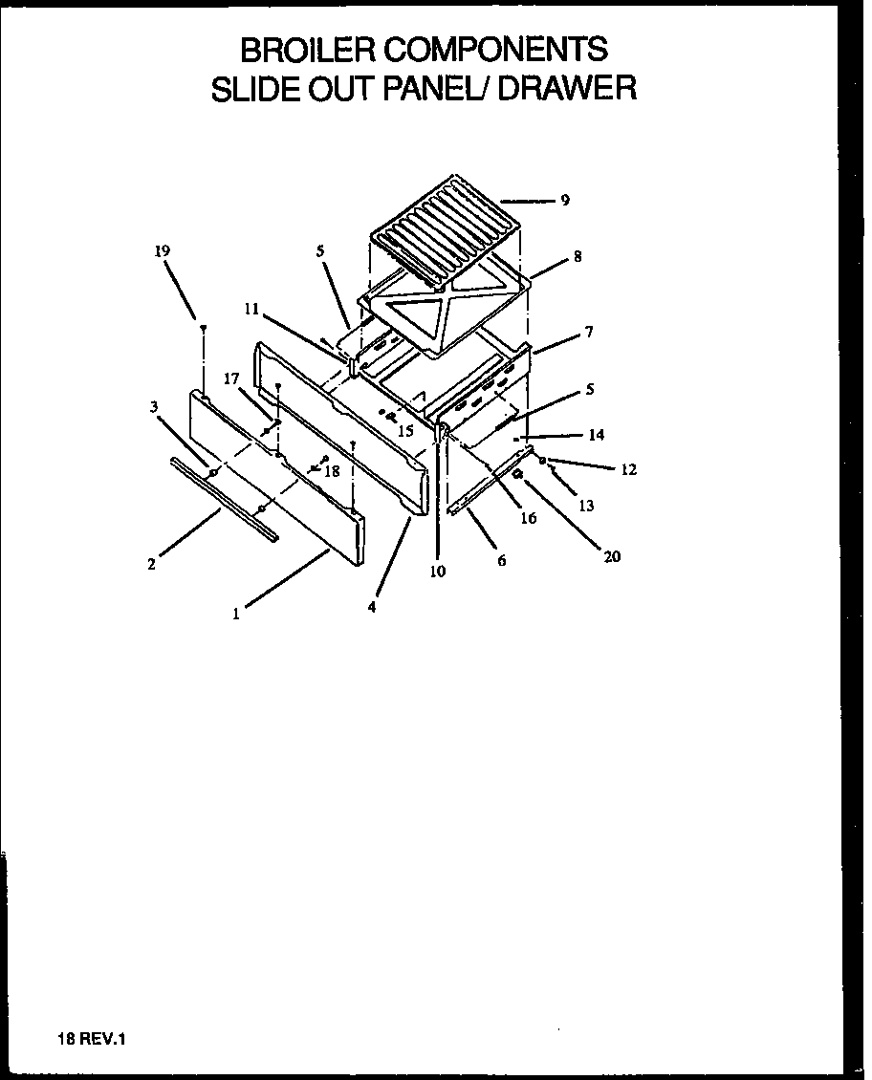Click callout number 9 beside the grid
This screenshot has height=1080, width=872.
coord(565,200)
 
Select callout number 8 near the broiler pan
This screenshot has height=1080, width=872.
coord(578,256)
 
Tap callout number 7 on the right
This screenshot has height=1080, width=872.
coord(589,332)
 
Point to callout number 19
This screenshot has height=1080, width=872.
coord(163,251)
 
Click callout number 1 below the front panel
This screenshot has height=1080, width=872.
coord(236,615)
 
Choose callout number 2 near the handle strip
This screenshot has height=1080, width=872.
coord(151,564)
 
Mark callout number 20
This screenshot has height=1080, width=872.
coord(612,556)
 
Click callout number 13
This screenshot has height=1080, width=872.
coord(586,506)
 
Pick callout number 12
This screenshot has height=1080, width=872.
coord(628,469)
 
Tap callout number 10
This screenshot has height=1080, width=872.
coord(438,572)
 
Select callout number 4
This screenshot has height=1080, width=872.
coord(372,606)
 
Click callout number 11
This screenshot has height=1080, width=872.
coord(251,309)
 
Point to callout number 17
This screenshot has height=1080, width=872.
coord(230,378)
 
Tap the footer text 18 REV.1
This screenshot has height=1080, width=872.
coord(85,1041)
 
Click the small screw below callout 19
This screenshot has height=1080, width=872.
coord(204,328)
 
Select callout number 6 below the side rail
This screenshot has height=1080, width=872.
coord(501,561)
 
